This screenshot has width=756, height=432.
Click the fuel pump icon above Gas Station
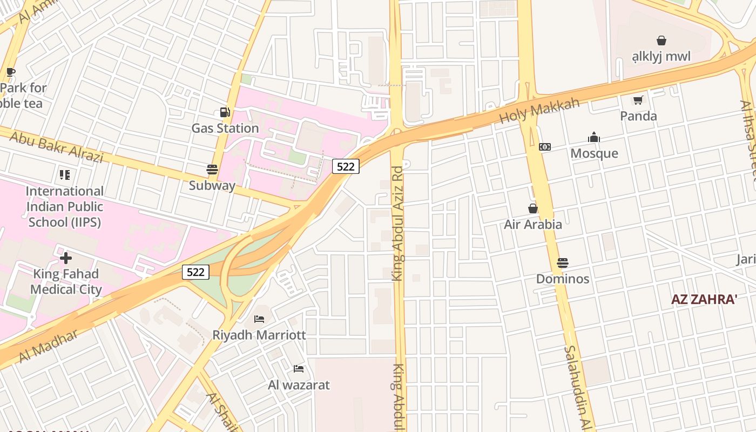point(225,113)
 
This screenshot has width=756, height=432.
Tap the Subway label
point(212,186)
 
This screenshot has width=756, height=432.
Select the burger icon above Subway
point(212,170)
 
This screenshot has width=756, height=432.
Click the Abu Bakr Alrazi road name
point(56,147)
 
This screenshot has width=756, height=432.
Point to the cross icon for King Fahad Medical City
point(66,258)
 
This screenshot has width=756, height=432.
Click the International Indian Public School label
point(65,206)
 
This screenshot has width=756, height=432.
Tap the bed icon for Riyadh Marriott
point(259,319)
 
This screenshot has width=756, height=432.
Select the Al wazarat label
point(299,385)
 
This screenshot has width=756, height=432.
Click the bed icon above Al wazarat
point(299,369)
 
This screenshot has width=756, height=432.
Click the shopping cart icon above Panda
point(638,100)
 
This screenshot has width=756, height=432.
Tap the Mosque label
point(594,153)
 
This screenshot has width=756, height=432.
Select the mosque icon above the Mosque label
point(594,137)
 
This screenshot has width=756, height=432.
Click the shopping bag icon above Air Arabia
point(533,208)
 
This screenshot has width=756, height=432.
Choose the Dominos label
point(563,279)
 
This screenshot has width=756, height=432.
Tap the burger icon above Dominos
point(563,263)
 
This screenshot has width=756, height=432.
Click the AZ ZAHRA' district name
point(704,300)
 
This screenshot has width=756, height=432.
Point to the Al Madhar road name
point(48,346)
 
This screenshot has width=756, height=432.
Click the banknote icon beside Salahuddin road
point(545,147)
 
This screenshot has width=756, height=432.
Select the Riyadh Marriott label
point(259,335)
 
